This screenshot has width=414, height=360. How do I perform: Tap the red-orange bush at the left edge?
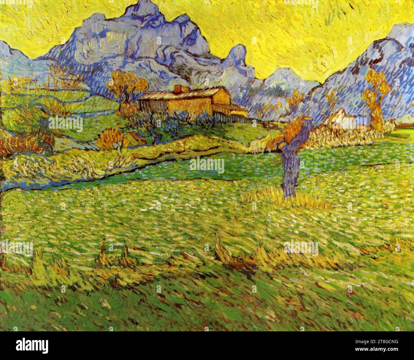(x=19, y=143)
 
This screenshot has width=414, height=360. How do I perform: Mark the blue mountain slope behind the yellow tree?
(x=350, y=80)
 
